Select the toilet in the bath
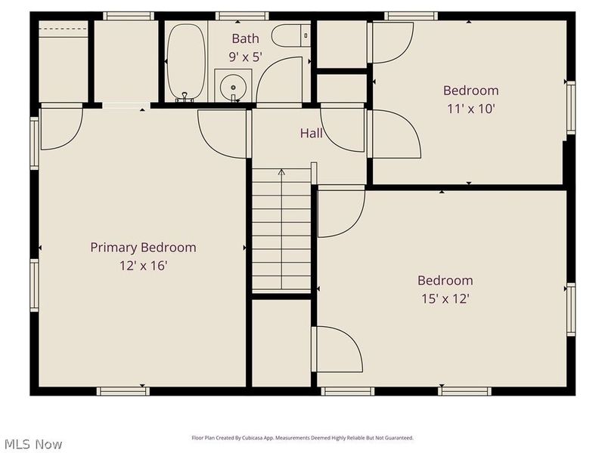pos(291,35)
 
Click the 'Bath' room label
pos(245,39)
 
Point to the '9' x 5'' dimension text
pos(245,56)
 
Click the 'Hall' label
pos(311,134)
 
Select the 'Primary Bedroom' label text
pos(143,248)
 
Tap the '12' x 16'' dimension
pos(143,266)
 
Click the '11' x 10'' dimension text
pos(470,109)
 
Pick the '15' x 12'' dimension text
pos(445,298)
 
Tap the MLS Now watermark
pos(32,444)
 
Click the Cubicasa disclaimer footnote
pos(302,438)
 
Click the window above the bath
pos(242,15)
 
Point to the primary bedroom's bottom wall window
pos(123,391)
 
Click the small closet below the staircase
pos(281,344)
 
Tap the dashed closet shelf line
pos(63,29)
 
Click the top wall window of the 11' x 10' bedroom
pos(411,15)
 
